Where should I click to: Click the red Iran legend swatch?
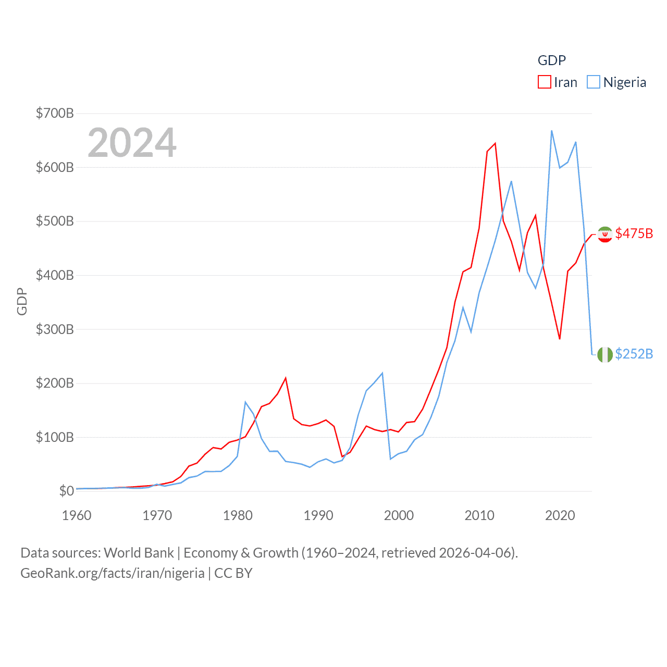(545, 82)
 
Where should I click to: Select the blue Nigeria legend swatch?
(594, 82)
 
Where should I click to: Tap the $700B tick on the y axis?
(55, 113)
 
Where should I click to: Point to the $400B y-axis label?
(55, 275)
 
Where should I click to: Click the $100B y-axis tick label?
(55, 437)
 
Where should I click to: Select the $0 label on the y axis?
(66, 491)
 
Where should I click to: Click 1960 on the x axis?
(77, 515)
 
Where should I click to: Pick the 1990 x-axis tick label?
(318, 515)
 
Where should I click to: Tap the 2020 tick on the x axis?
(560, 515)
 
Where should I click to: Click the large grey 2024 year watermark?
(132, 142)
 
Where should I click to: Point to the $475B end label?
(634, 233)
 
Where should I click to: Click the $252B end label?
(634, 354)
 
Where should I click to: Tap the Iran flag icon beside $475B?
(604, 234)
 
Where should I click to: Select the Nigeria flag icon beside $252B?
(604, 355)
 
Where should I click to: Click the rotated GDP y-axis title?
(22, 301)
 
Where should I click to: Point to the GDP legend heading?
(552, 60)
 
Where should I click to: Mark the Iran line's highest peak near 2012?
(495, 143)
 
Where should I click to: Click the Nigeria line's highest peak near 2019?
(551, 131)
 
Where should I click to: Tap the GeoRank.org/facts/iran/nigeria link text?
(113, 573)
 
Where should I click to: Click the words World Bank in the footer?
(139, 552)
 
